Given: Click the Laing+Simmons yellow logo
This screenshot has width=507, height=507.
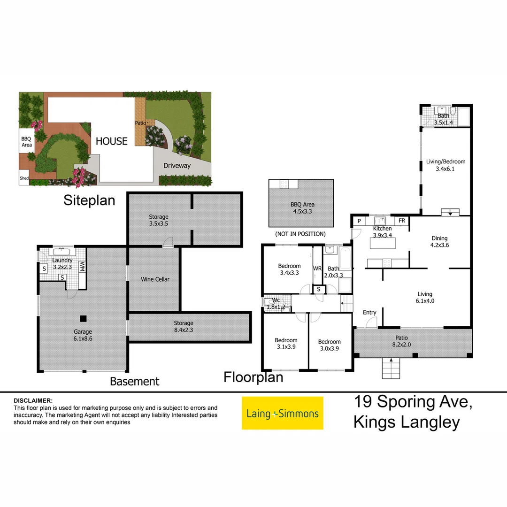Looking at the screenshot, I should click(x=282, y=413).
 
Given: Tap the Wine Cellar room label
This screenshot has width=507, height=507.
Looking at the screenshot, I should click(x=155, y=279).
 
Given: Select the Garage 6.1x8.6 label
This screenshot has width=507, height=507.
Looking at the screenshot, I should click(x=83, y=335).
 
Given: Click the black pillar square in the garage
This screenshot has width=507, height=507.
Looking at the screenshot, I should click(x=83, y=318).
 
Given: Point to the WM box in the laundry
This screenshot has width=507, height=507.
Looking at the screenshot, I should click(x=82, y=267).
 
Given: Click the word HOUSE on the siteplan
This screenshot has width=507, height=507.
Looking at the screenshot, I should click(x=112, y=141).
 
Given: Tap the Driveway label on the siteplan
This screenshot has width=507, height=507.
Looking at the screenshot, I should click(x=177, y=165).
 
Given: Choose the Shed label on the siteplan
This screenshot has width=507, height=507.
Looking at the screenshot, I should click(x=24, y=178).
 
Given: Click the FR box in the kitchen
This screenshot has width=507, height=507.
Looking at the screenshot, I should click(x=402, y=221).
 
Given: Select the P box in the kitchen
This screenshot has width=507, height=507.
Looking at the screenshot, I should click(x=359, y=221).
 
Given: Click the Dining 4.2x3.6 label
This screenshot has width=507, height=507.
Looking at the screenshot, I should click(x=440, y=241).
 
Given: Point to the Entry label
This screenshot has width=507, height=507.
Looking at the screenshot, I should click(x=369, y=313).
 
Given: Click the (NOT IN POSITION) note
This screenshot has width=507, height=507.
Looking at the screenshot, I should click(x=300, y=234).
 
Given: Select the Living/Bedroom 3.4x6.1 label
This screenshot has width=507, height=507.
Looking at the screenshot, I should click(x=446, y=165).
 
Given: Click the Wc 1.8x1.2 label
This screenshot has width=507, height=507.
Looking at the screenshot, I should click(x=272, y=303).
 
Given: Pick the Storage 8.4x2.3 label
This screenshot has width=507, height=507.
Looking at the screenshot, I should click(x=183, y=326).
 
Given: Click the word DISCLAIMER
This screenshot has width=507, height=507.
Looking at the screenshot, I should click(x=33, y=400).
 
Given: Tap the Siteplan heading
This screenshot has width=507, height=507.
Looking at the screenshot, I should click(x=89, y=200).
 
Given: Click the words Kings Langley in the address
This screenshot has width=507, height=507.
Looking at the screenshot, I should click(x=407, y=422).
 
